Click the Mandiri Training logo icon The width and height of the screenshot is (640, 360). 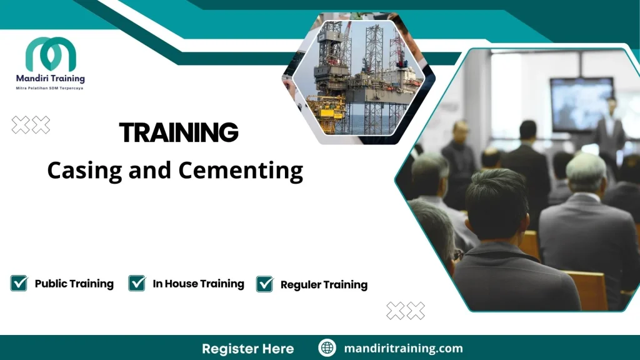50,54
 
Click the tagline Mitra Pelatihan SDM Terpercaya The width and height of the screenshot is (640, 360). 49,89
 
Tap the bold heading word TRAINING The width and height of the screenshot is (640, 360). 179,132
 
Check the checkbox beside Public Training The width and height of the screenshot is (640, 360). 19,283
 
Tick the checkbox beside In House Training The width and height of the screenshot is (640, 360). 137,283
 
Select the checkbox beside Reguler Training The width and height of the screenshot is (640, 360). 265,284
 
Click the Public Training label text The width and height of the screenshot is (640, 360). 74,284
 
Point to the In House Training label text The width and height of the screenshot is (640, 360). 198,284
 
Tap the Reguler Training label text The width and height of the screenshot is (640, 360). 324,285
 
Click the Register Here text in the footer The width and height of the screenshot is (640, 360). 247,348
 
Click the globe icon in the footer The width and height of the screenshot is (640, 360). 327,348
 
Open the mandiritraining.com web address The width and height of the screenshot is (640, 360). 403,348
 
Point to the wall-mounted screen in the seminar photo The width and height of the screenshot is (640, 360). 581,103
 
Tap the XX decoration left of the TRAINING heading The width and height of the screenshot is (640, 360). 31,125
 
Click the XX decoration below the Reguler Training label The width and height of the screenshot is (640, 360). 406,311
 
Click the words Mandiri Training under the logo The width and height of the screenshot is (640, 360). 50,79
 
